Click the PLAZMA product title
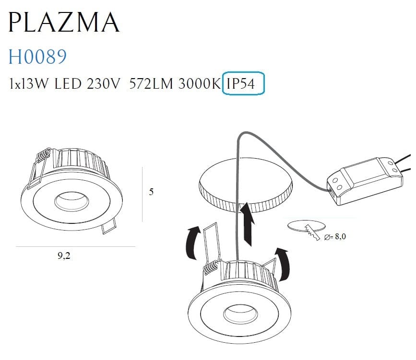point(64,22)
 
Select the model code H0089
point(37,57)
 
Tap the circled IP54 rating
point(244,85)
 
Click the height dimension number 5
point(152,192)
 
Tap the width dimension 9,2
point(64,255)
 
